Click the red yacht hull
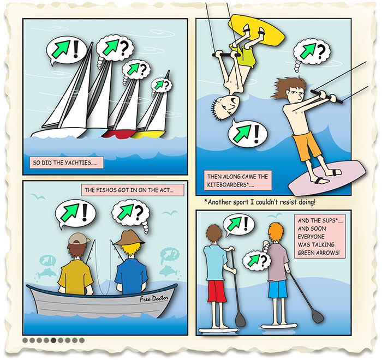118,134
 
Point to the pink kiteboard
326,178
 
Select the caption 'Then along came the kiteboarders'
237,181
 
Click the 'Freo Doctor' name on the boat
154,298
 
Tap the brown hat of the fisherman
130,237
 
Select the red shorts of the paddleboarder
217,291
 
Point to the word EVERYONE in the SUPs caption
311,237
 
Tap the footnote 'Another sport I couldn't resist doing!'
260,202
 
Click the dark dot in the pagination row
53,340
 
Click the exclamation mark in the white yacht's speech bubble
76,49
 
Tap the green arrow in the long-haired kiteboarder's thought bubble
308,51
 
